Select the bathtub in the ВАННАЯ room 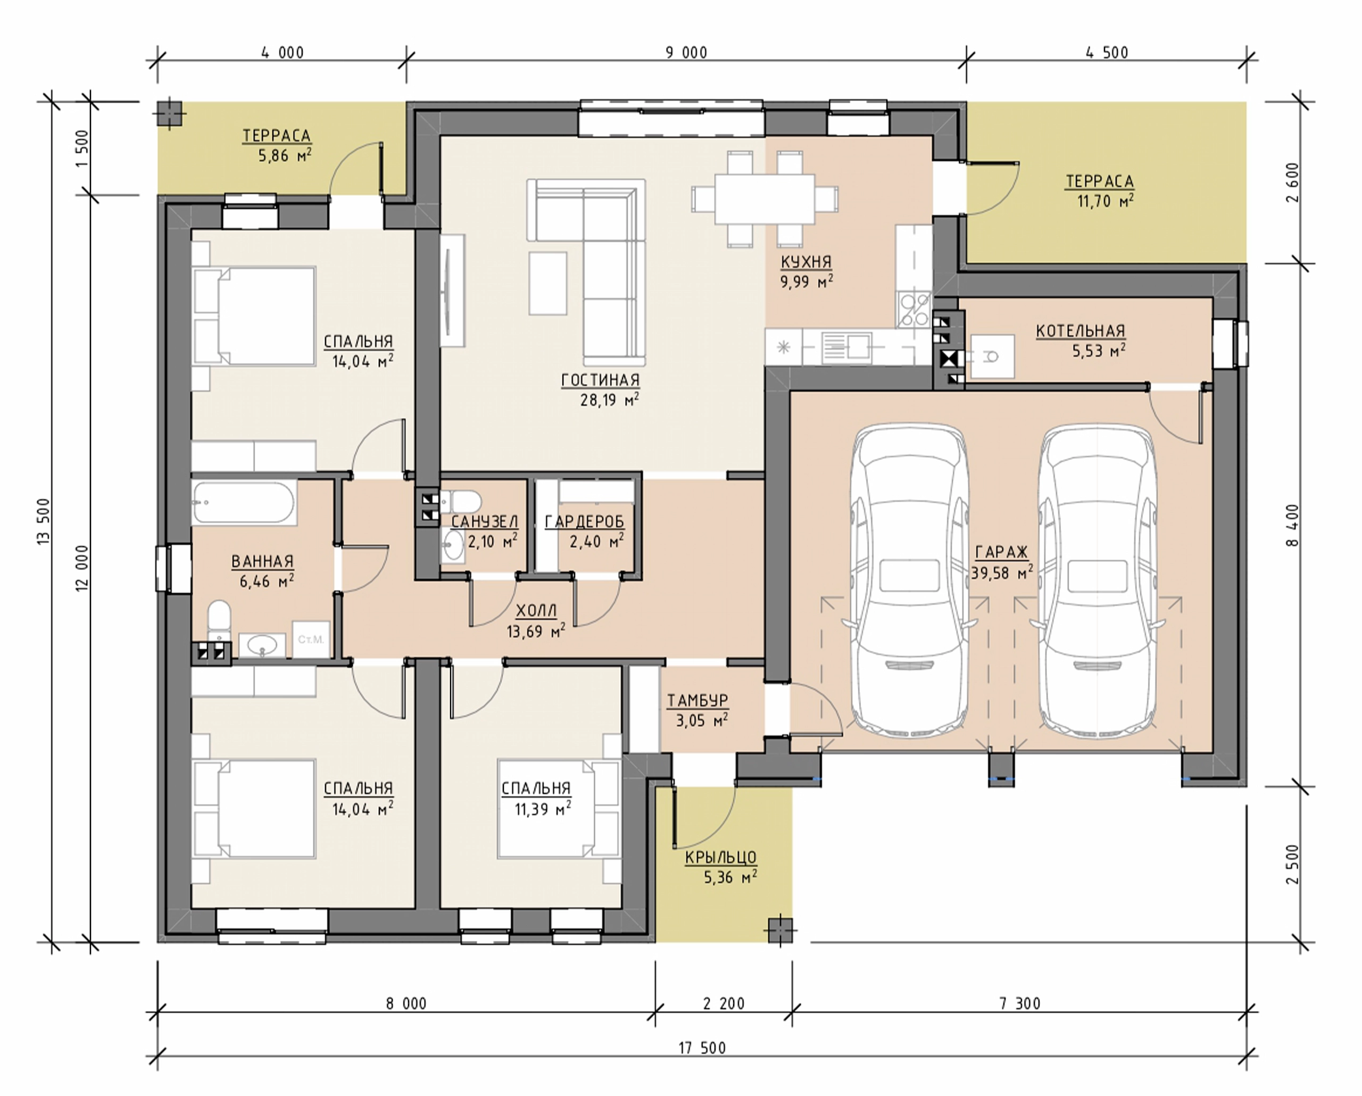244,503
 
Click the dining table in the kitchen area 765,199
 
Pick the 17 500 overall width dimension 702,1048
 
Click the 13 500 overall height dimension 44,521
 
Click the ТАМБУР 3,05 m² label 698,710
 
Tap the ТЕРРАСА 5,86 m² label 277,145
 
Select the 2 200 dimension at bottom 724,1003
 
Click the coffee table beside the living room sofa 547,283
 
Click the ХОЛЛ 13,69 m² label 536,621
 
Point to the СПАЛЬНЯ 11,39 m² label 536,799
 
